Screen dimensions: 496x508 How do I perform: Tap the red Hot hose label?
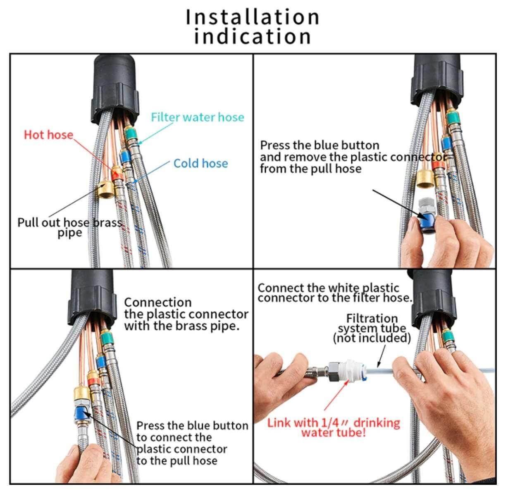tap(48, 135)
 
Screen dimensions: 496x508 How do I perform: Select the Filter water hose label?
tap(197, 117)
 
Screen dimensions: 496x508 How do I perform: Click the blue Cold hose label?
tap(200, 163)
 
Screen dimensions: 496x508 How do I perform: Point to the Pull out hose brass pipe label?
tap(69, 227)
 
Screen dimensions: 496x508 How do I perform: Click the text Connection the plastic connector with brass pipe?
tap(186, 314)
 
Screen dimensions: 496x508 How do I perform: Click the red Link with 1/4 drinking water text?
tap(334, 428)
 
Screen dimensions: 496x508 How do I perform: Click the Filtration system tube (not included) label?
tap(372, 328)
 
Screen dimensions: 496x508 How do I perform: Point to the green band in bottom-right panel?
tap(446, 335)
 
